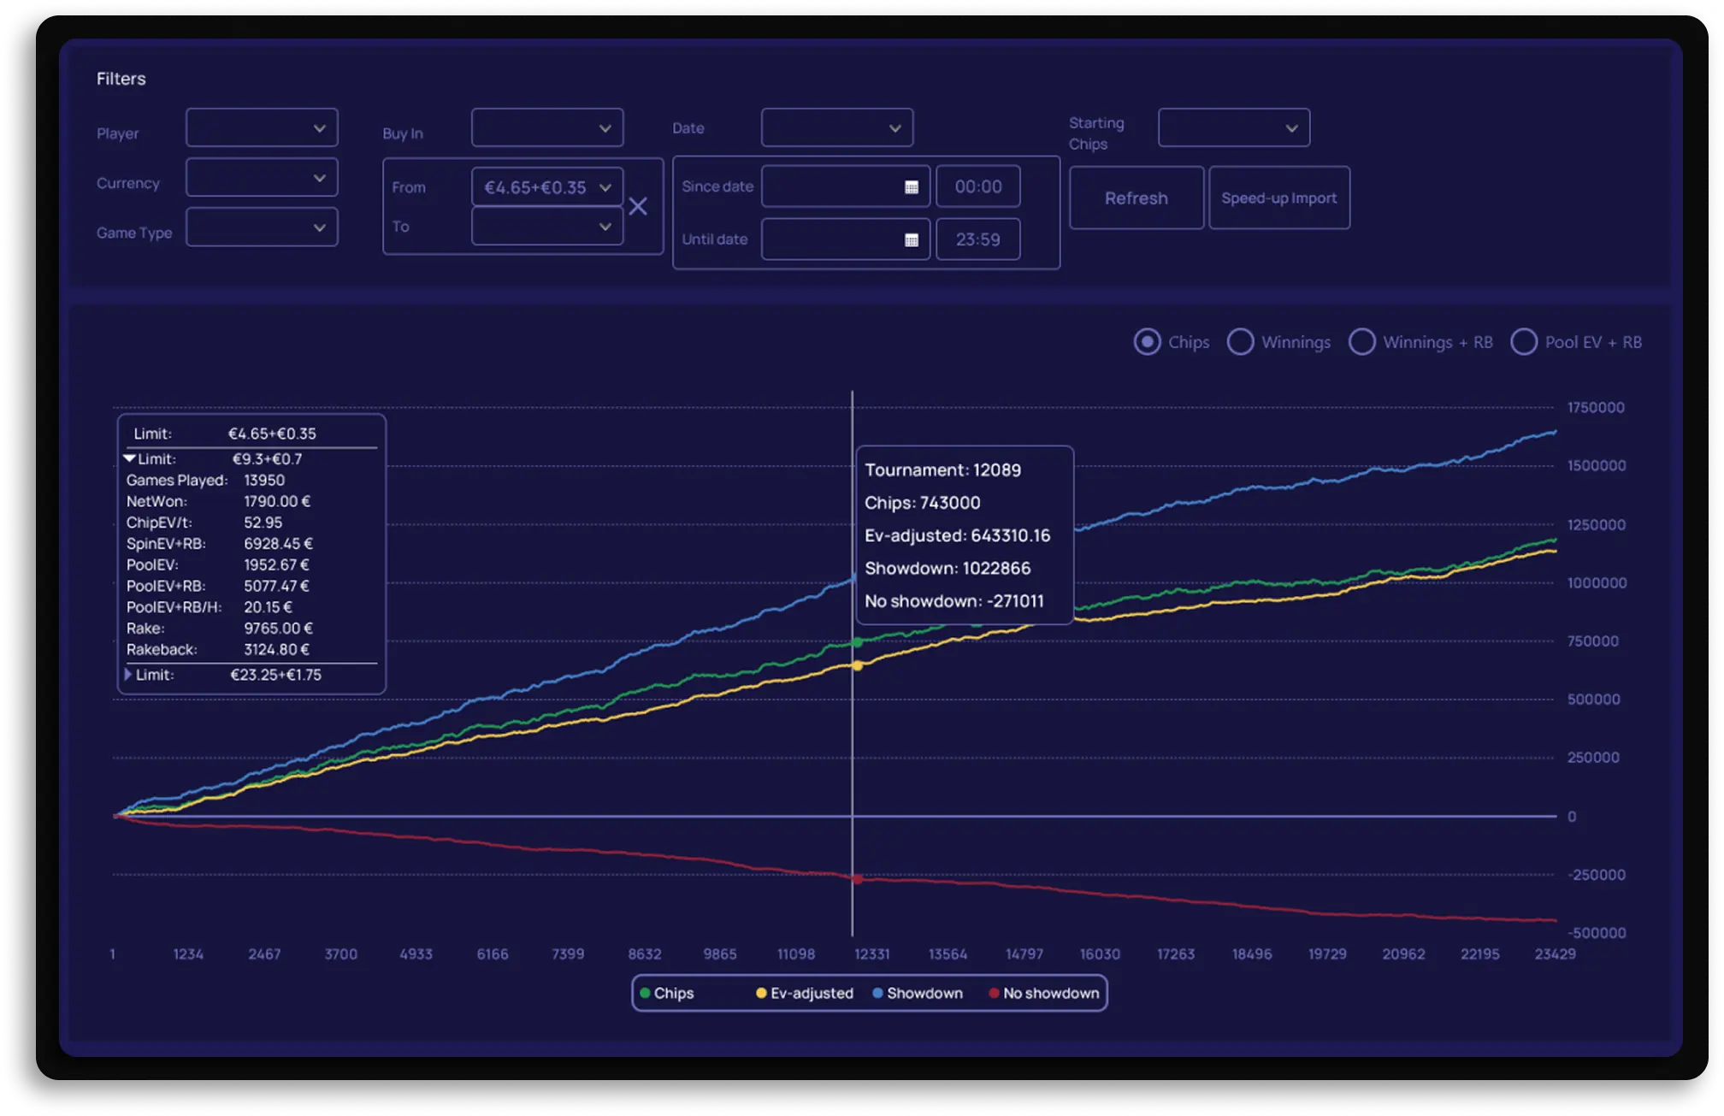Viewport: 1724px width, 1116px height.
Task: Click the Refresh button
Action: coord(1136,198)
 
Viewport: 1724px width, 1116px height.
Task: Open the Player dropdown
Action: coord(262,128)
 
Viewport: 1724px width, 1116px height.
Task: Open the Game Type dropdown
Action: coord(262,227)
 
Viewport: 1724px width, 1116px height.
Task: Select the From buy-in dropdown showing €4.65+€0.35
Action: coord(546,187)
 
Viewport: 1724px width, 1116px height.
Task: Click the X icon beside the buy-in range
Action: coord(638,206)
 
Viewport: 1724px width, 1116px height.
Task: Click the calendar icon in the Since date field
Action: coord(912,187)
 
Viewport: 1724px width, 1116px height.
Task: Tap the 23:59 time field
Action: coord(977,239)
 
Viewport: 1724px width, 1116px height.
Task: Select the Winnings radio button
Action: coord(1240,342)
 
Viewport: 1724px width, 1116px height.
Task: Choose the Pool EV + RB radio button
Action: coord(1524,342)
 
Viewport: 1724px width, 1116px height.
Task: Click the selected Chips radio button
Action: coord(1147,342)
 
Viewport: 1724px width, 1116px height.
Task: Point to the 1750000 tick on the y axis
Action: coord(1596,408)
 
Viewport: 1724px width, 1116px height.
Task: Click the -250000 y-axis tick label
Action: coord(1596,875)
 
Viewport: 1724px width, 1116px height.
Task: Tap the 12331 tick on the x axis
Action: coord(871,954)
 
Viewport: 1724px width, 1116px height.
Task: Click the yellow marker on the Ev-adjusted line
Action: coord(857,665)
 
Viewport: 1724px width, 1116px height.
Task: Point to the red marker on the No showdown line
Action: coord(857,879)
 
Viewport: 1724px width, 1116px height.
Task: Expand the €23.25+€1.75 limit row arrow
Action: coord(128,675)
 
